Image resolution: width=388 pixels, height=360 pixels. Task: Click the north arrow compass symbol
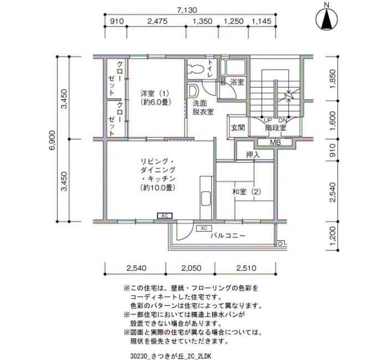(326, 18)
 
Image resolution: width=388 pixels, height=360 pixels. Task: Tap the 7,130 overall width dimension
(187, 10)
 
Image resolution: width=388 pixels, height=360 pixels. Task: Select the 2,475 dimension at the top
(157, 21)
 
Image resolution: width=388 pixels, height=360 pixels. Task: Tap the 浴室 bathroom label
(237, 82)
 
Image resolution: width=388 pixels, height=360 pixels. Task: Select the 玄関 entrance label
(238, 127)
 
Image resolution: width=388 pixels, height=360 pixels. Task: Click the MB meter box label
(275, 142)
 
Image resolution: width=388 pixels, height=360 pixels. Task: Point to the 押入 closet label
(253, 155)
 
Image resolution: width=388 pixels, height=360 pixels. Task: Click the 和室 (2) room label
(247, 192)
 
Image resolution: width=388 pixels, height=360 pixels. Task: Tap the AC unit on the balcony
(203, 228)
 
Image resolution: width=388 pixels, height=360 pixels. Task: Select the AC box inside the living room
(165, 216)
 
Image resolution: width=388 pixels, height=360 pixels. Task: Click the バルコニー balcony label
(228, 235)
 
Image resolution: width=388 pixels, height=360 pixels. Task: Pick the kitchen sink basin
(206, 198)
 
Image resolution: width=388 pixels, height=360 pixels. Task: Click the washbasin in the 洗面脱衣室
(193, 91)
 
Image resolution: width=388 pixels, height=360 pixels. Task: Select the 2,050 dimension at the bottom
(191, 268)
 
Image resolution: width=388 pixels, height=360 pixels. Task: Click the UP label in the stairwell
(268, 121)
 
